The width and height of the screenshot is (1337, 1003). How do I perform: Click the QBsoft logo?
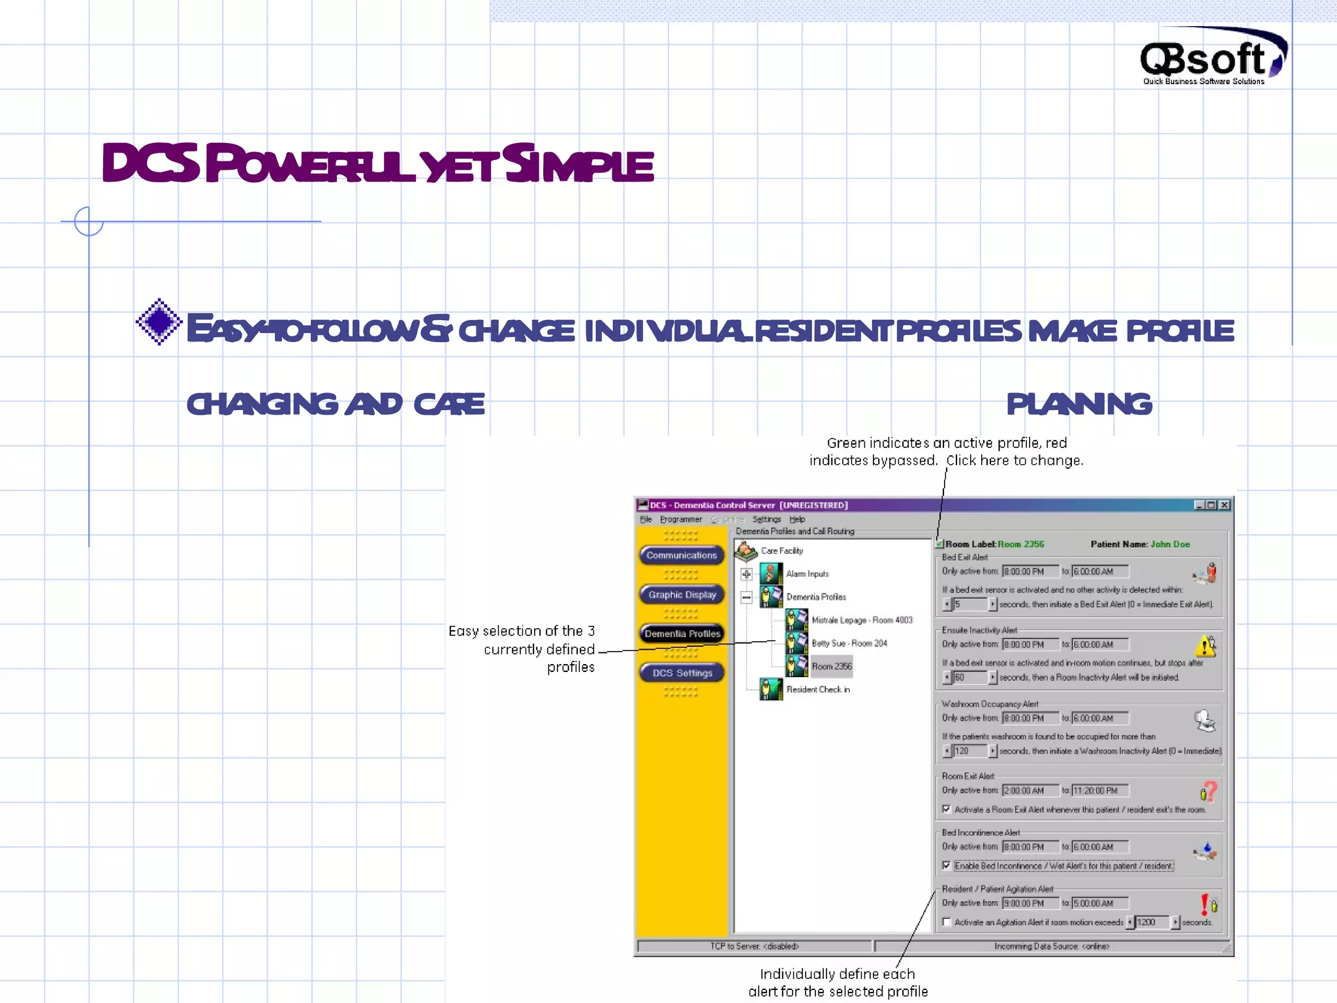[1212, 57]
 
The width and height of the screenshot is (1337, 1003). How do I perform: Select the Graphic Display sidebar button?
[682, 595]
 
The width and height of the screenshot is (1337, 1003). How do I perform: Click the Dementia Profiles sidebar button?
[682, 633]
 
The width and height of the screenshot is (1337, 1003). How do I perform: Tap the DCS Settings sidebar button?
[682, 673]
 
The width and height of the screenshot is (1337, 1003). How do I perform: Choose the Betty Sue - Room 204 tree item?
[849, 643]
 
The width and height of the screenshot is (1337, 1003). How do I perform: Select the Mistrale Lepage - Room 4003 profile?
[861, 620]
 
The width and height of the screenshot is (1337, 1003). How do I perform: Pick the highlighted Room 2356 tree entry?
[831, 666]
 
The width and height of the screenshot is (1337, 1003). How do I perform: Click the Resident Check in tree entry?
[817, 690]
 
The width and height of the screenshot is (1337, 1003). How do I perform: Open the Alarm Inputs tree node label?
[807, 574]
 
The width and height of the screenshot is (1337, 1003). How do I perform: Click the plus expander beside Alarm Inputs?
[746, 574]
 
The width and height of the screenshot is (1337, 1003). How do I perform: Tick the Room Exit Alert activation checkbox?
[947, 809]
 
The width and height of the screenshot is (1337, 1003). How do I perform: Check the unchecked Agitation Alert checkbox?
[947, 922]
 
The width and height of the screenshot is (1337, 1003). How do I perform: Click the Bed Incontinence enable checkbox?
[947, 866]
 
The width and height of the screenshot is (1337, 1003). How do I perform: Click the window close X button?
[1225, 505]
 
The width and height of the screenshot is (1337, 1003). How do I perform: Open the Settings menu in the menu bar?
[766, 519]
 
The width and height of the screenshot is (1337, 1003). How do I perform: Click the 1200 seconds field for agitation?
[1153, 922]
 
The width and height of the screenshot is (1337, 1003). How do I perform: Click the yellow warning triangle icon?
[1205, 646]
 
